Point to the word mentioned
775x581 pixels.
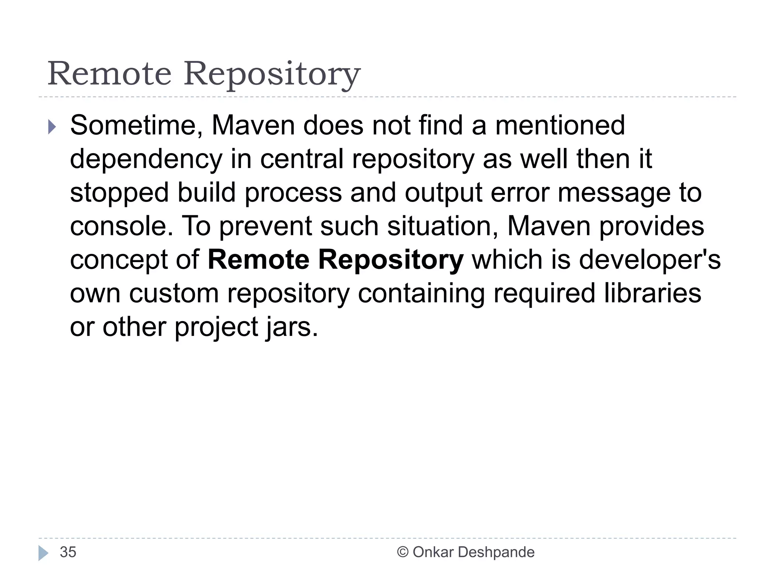[x=560, y=126]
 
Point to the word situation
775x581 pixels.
[x=442, y=226]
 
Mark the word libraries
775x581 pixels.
[x=652, y=294]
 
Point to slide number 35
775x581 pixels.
[x=68, y=552]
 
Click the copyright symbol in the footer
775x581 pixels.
[x=402, y=552]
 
